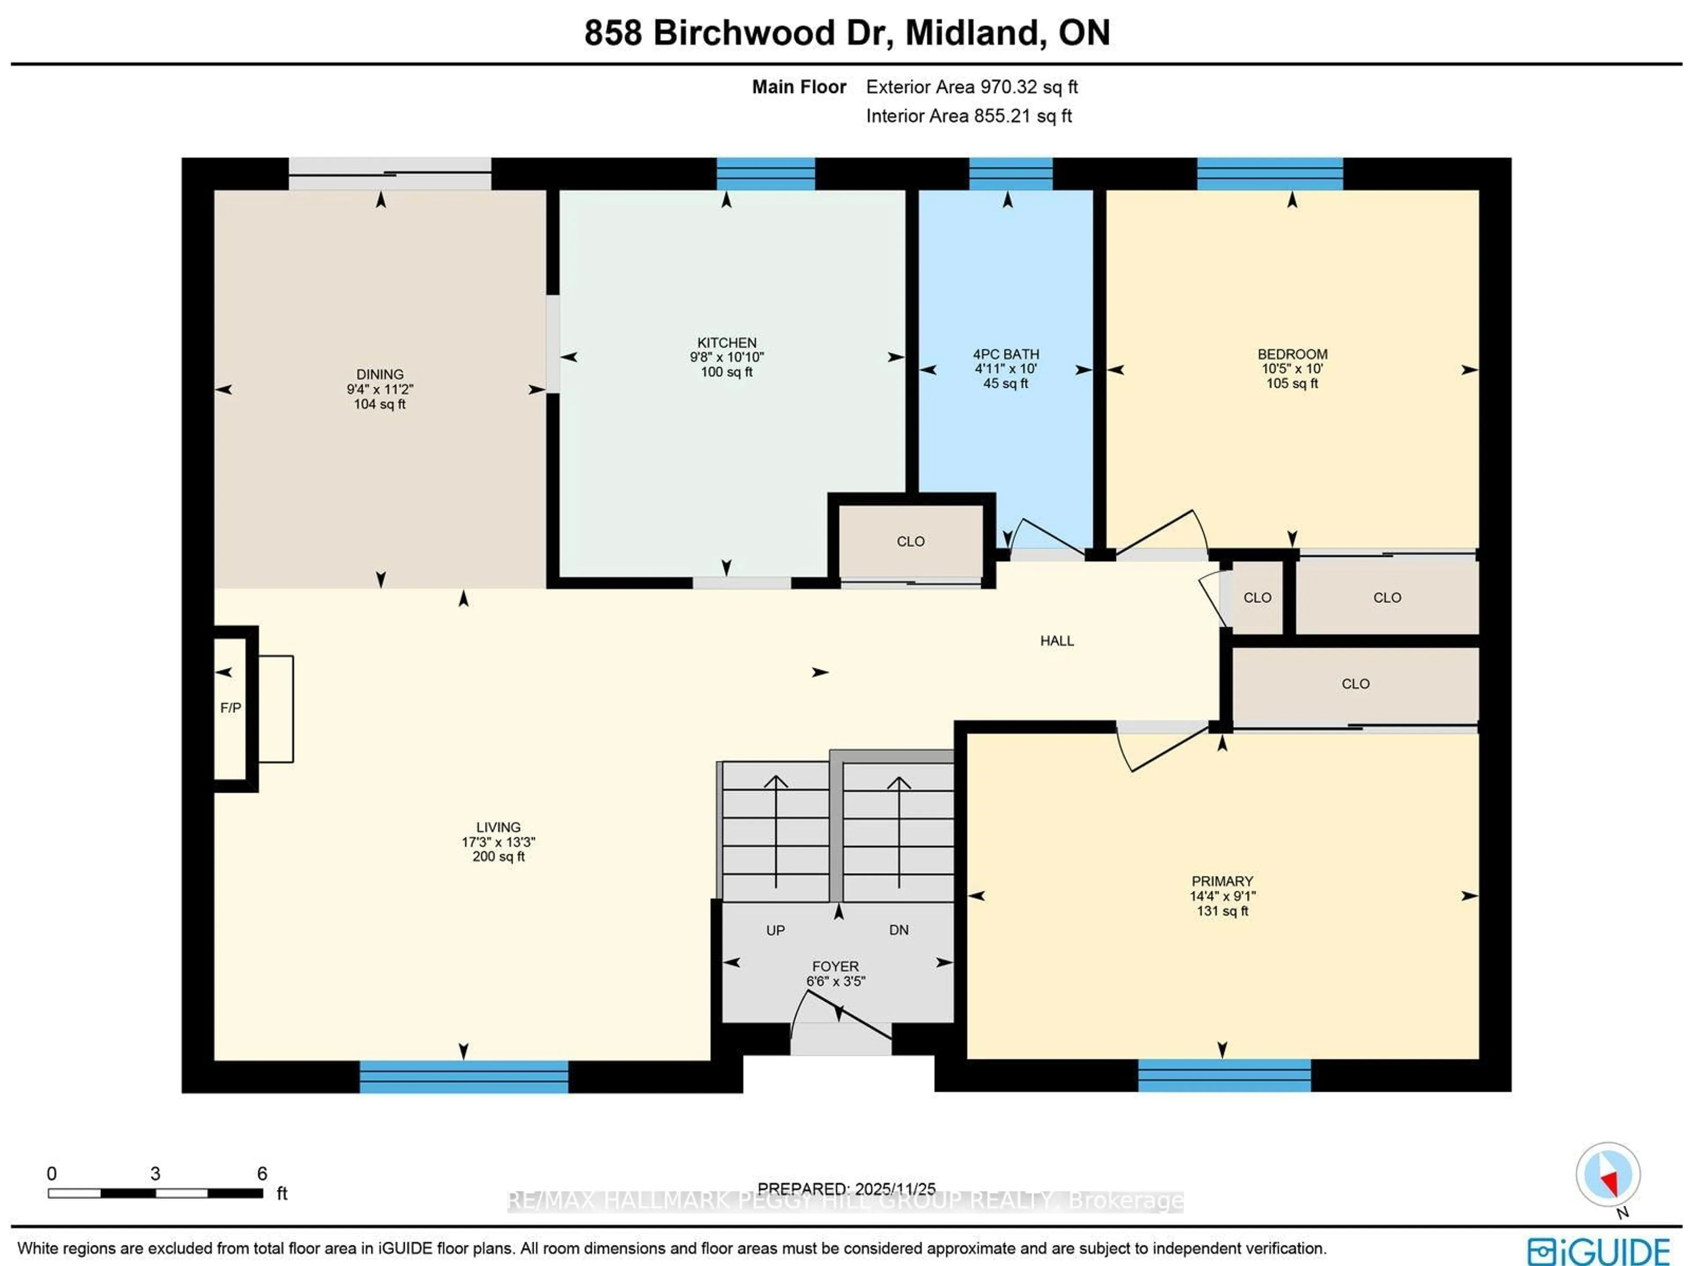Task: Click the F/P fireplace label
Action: (x=230, y=708)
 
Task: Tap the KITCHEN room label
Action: (x=726, y=343)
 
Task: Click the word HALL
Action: (x=1056, y=641)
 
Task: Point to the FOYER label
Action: (x=835, y=966)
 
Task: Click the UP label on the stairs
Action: (x=775, y=930)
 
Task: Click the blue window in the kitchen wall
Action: (x=765, y=174)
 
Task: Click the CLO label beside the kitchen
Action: (x=911, y=541)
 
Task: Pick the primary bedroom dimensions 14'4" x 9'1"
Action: (x=1222, y=896)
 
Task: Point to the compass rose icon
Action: (x=1608, y=1174)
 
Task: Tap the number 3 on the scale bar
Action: (x=155, y=1174)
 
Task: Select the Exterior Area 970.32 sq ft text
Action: (x=971, y=87)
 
